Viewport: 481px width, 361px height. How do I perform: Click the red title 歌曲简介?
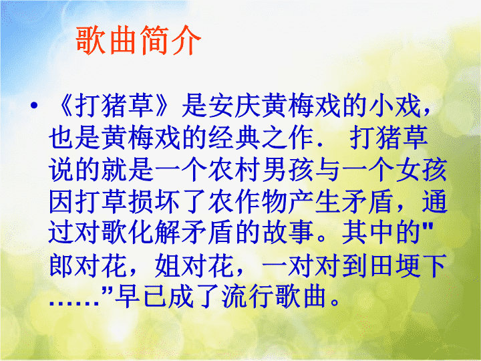pos(138,41)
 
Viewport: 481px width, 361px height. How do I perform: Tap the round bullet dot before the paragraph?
pos(34,106)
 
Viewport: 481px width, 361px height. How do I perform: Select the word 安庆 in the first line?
pos(222,106)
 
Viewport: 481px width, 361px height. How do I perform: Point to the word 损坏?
pos(155,202)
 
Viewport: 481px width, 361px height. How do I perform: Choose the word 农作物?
pos(248,202)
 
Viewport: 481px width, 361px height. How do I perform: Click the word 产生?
pos(315,202)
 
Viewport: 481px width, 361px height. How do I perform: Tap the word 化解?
pos(155,233)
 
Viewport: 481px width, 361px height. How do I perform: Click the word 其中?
pos(368,233)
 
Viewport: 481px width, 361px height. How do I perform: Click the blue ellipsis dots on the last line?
pos(74,303)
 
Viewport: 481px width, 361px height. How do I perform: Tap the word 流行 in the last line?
pos(248,297)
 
